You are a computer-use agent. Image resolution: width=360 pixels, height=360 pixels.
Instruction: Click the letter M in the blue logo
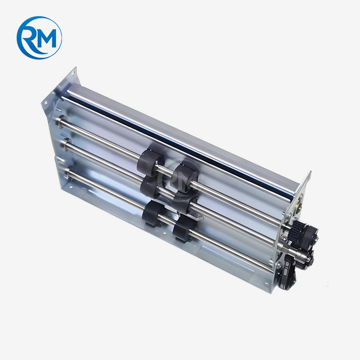click(x=47, y=38)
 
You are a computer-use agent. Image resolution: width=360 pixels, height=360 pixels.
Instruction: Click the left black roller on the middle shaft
click(x=149, y=189)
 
